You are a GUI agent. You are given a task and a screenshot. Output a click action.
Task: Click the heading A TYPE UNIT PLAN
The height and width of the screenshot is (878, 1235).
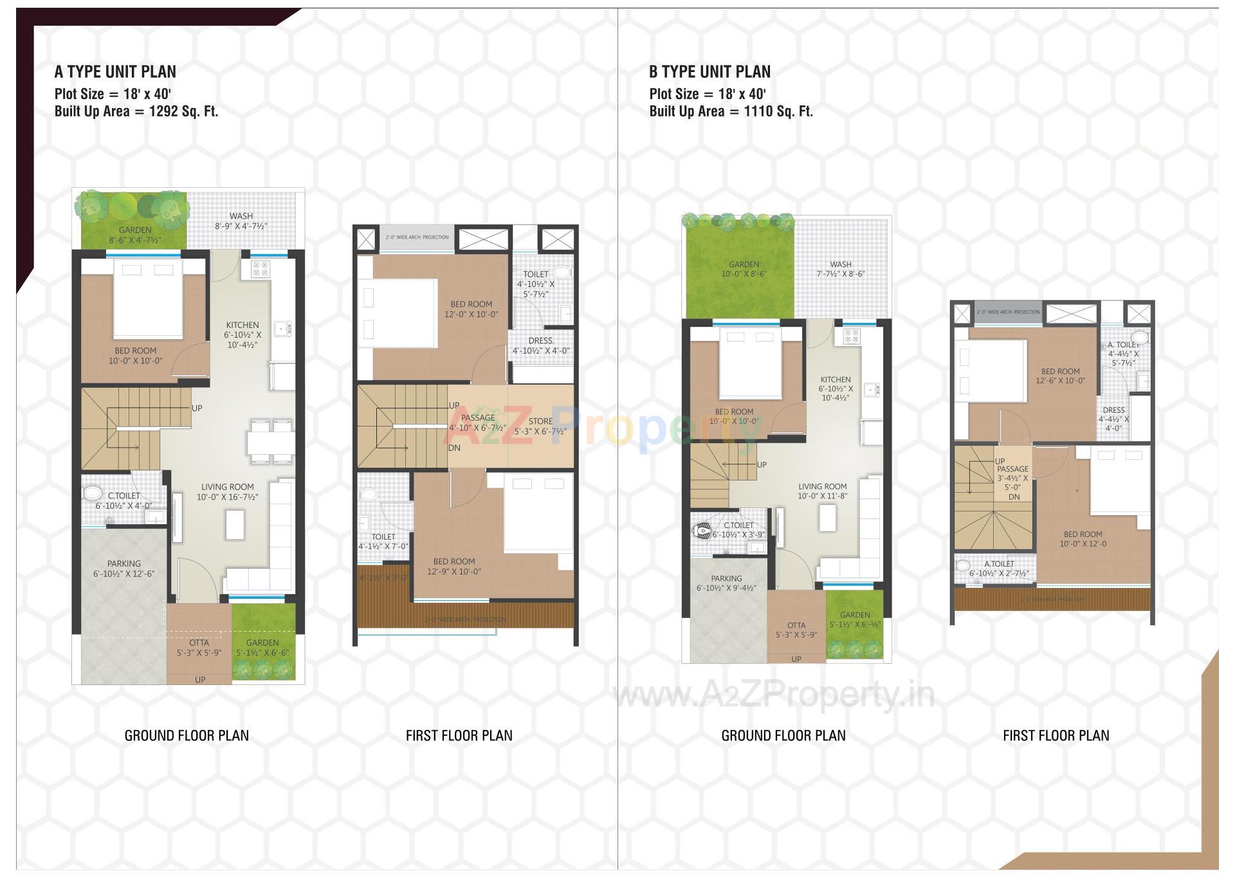pyautogui.click(x=115, y=71)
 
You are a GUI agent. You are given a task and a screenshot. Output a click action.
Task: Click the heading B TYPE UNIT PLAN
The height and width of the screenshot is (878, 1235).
pyautogui.click(x=709, y=71)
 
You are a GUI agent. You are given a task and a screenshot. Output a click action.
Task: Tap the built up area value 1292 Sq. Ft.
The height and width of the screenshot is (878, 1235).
pyautogui.click(x=183, y=111)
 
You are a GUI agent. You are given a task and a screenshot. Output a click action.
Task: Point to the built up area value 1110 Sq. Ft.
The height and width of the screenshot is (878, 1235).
pyautogui.click(x=778, y=111)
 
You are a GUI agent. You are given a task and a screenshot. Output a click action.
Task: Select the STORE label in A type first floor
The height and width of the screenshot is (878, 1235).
pyautogui.click(x=540, y=421)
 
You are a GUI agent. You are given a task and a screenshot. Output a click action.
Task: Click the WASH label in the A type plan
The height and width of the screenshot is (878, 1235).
pyautogui.click(x=241, y=216)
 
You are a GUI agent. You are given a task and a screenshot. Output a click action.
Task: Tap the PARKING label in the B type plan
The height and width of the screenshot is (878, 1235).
pyautogui.click(x=726, y=578)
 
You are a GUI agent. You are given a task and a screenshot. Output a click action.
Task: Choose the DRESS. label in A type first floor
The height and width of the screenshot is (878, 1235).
pyautogui.click(x=541, y=340)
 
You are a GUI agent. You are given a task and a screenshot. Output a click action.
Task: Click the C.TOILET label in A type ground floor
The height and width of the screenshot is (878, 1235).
pyautogui.click(x=123, y=496)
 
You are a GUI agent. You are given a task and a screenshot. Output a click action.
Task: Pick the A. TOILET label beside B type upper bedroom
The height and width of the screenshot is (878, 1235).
pyautogui.click(x=1123, y=345)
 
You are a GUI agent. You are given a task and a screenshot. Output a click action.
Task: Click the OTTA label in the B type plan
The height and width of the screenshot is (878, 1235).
pyautogui.click(x=796, y=625)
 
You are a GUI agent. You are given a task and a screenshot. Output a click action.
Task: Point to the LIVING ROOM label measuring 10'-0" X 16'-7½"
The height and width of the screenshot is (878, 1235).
pyautogui.click(x=227, y=487)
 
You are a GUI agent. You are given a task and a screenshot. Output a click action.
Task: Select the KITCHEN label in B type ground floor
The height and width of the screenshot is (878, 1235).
pyautogui.click(x=836, y=380)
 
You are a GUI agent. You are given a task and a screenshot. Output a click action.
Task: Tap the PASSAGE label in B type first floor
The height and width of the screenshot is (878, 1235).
pyautogui.click(x=1012, y=469)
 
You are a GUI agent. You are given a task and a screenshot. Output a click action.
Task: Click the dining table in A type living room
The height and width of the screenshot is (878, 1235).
pyautogui.click(x=270, y=442)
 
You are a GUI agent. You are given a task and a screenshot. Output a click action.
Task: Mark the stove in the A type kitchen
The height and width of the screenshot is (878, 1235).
pyautogui.click(x=260, y=269)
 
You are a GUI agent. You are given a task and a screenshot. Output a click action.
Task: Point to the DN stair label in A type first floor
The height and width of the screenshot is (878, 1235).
pyautogui.click(x=454, y=448)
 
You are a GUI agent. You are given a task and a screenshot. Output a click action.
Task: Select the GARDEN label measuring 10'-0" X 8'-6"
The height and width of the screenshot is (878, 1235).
pyautogui.click(x=744, y=264)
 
